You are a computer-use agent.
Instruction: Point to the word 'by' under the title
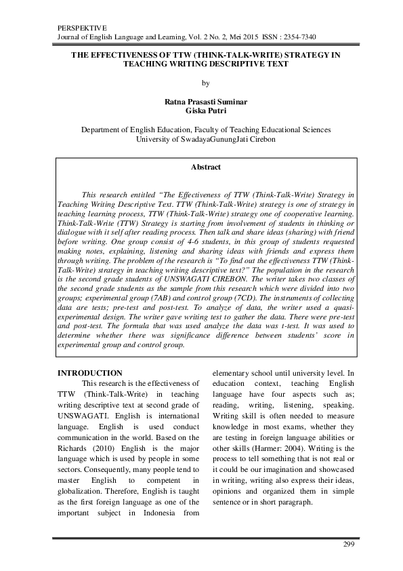pyautogui.click(x=202, y=83)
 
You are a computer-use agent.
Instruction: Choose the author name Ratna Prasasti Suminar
pyautogui.click(x=202, y=100)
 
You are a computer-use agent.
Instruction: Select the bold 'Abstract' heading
pyautogui.click(x=202, y=166)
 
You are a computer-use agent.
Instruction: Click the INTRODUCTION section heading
pyautogui.click(x=89, y=374)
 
